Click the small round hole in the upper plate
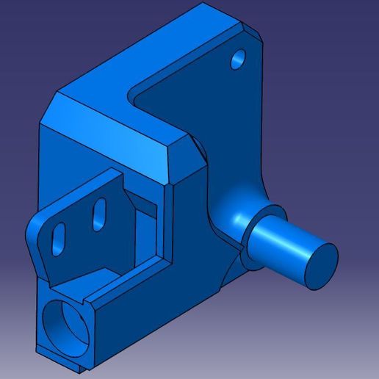[x=238, y=59]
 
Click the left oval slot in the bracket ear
[x=59, y=236]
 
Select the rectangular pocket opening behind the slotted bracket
[x=143, y=220]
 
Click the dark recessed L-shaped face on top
[x=198, y=103]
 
